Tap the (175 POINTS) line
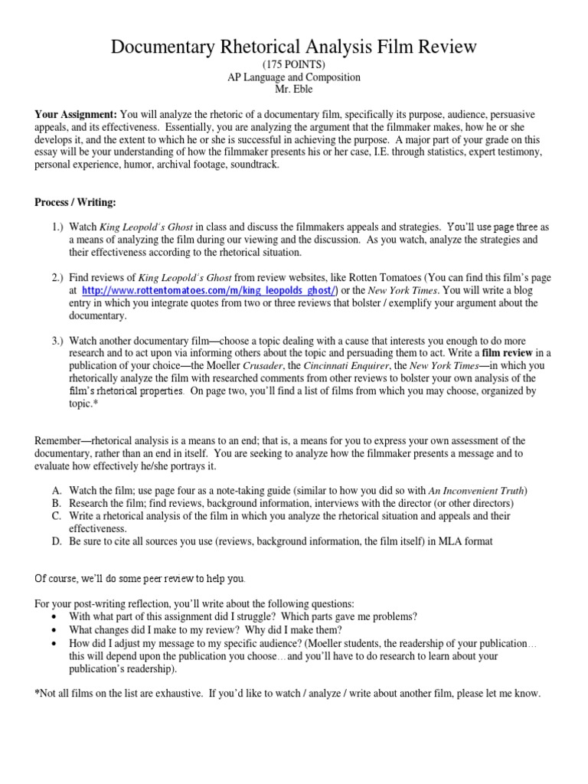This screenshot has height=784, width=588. [x=294, y=64]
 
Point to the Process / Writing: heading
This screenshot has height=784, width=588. [x=75, y=202]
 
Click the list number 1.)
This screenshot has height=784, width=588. [x=59, y=227]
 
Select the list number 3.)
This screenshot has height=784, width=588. [x=59, y=340]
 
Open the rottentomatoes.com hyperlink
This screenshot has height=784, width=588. [x=209, y=291]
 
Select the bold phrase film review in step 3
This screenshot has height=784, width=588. [x=509, y=352]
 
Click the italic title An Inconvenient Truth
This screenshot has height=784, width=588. [x=476, y=491]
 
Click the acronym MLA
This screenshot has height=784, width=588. [x=447, y=541]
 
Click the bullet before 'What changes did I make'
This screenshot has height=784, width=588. [x=52, y=631]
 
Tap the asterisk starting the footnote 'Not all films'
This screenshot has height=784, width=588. [x=38, y=694]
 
